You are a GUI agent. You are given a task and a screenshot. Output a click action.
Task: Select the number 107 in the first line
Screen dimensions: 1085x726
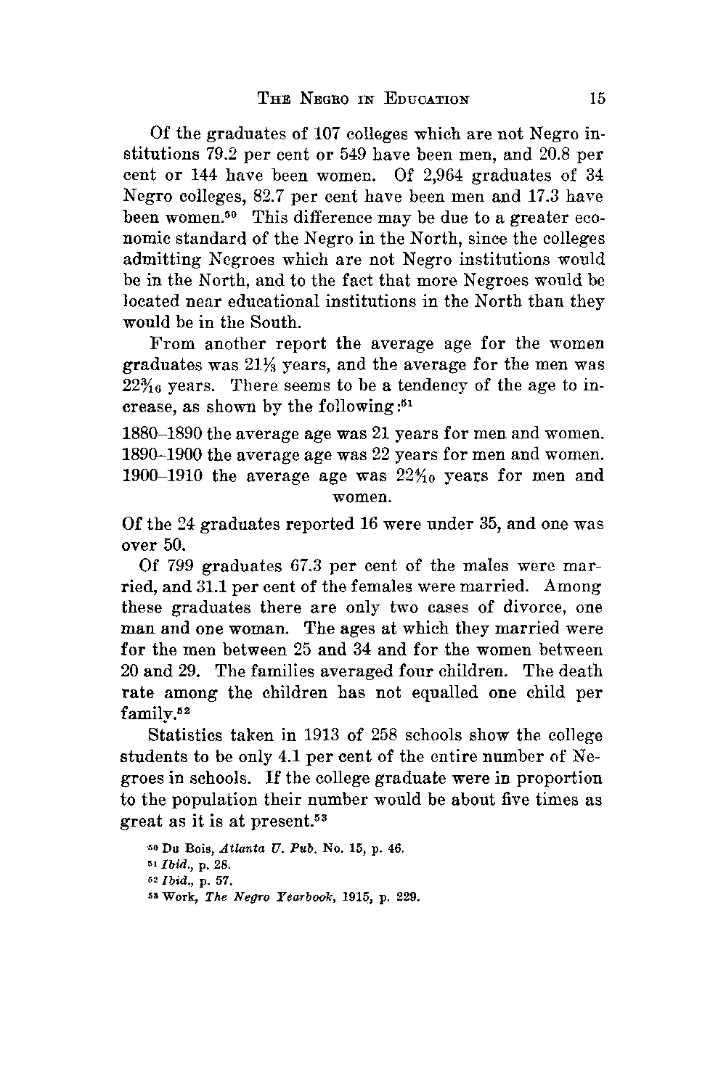click(314, 135)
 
